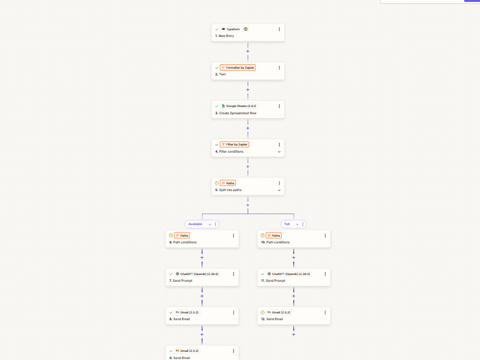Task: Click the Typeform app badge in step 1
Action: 230,29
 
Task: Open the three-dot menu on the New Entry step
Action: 279,29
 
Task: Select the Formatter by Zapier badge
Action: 238,67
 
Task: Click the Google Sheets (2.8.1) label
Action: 239,106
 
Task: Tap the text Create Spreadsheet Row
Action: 238,113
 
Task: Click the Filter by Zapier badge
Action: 234,144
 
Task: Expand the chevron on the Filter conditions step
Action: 279,152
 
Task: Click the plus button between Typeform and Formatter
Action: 248,51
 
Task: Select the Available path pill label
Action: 195,224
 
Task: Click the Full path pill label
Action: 287,224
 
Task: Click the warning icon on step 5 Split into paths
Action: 217,183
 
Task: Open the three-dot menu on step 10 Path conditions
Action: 325,235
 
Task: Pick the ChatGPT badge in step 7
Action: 197,274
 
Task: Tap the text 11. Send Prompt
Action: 273,280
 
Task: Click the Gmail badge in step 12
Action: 278,312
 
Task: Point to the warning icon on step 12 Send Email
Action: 263,312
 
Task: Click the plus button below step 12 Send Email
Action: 294,334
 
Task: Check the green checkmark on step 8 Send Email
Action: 171,312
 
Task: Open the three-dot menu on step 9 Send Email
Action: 233,351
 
